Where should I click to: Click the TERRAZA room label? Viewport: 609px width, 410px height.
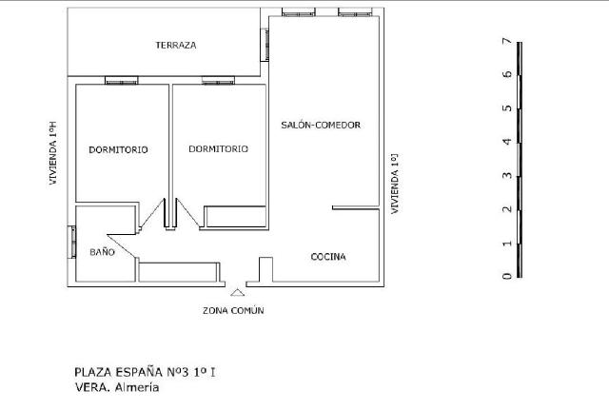pos(176,45)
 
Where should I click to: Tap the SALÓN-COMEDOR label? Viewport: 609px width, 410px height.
pos(321,125)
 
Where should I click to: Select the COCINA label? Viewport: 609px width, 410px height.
pos(328,257)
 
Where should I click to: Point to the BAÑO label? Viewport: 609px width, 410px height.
pos(102,252)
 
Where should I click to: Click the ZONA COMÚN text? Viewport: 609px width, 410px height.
pos(233,311)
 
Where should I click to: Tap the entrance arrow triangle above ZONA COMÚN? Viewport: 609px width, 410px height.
pos(237,293)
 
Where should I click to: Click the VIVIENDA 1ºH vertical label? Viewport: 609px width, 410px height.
pos(53,153)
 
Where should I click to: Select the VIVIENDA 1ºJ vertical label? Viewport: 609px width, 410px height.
pos(395,184)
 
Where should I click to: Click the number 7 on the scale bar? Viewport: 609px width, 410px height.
pos(507,41)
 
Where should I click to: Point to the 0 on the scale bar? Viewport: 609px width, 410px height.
pos(507,276)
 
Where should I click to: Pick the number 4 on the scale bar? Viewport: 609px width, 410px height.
pos(507,142)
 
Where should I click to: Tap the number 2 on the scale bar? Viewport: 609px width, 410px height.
pos(507,209)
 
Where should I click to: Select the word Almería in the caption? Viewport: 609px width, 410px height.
pos(137,387)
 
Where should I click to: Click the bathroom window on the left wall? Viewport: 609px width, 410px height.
pos(72,242)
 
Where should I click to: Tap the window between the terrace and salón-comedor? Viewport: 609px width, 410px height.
pos(265,45)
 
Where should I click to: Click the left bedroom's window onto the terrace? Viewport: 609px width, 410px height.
pos(122,81)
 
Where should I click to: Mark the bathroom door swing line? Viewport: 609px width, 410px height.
pos(122,245)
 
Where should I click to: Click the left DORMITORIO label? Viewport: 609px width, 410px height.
pos(118,150)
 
